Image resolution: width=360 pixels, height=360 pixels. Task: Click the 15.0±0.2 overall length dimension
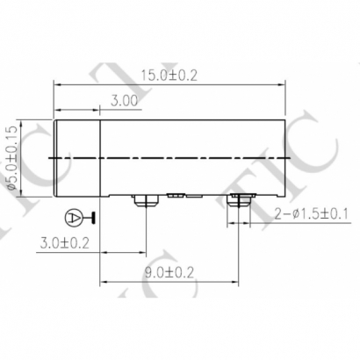pyautogui.click(x=169, y=76)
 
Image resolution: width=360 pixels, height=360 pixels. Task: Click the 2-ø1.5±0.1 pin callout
pyautogui.click(x=312, y=213)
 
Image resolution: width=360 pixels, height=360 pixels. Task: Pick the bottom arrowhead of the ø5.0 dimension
pyautogui.click(x=24, y=191)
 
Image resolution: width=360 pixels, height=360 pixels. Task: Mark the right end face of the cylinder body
pyautogui.click(x=286, y=156)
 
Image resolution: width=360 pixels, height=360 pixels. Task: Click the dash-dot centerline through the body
pyautogui.click(x=193, y=157)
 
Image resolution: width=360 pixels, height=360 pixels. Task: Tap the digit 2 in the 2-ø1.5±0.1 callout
pyautogui.click(x=277, y=213)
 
